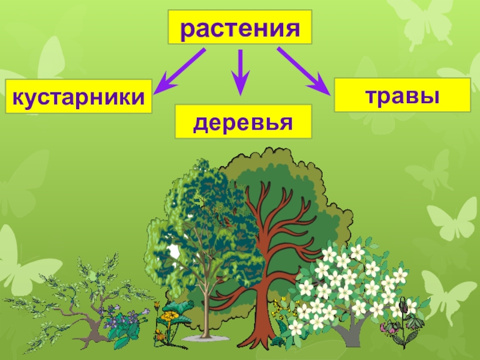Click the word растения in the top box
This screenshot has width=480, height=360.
pyautogui.click(x=240, y=27)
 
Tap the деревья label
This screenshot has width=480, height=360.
pyautogui.click(x=243, y=122)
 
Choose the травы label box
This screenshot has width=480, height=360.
pyautogui.click(x=402, y=95)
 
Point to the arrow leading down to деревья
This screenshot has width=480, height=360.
pyautogui.click(x=241, y=72)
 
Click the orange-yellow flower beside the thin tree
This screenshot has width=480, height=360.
pyautogui.click(x=157, y=307)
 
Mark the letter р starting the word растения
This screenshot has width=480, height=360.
pyautogui.click(x=187, y=29)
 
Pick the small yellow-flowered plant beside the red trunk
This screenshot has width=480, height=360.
pyautogui.click(x=278, y=312)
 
